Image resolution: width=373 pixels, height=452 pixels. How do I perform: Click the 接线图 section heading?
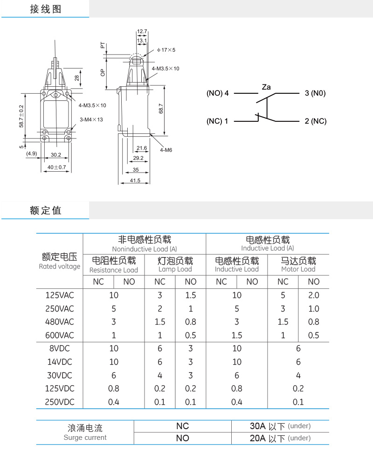[46, 9]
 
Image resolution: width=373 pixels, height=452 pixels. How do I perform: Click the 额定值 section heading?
[46, 210]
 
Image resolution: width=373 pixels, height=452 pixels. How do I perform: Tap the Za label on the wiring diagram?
[266, 87]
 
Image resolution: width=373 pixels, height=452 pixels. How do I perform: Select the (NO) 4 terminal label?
[217, 93]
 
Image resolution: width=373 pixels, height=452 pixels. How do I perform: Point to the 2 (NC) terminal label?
[316, 121]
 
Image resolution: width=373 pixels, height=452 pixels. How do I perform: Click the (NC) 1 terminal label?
[217, 121]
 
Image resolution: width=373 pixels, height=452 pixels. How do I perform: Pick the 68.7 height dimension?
[161, 109]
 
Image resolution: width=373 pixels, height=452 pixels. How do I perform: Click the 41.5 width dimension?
[135, 181]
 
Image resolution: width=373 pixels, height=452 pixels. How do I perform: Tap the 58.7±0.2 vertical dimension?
[21, 116]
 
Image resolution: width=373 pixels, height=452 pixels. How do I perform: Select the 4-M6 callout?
[166, 150]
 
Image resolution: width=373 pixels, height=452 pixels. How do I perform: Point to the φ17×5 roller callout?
[166, 50]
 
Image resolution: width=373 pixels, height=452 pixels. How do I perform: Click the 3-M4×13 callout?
[91, 119]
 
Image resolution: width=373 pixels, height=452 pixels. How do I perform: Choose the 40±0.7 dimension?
[57, 167]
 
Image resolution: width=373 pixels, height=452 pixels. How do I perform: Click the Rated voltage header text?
[60, 266]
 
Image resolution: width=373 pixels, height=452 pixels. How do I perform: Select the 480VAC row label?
[60, 322]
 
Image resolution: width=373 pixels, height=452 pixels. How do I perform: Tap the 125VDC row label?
[60, 388]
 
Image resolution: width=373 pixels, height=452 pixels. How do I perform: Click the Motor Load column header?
[298, 269]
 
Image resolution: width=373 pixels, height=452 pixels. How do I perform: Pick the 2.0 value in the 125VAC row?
[314, 295]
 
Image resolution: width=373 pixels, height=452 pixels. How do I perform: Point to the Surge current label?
[85, 438]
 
